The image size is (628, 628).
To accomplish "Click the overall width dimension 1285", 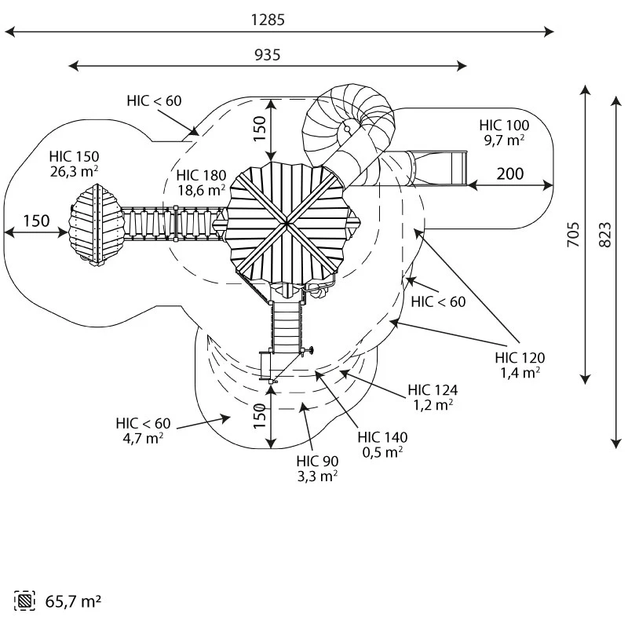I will [268, 20].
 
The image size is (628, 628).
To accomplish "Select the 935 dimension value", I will [268, 54].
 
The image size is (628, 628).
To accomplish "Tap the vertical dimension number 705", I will [572, 234].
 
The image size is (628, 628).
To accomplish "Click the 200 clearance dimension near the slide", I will [509, 173].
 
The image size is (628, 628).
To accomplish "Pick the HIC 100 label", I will [504, 125].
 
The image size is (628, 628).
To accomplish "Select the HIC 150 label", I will [74, 155].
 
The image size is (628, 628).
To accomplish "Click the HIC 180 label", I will [201, 175].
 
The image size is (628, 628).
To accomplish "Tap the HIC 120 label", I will [520, 358].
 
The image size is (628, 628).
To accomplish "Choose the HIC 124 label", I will [433, 389].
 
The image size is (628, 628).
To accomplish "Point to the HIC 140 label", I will [382, 437].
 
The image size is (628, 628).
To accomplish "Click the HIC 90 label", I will [317, 461].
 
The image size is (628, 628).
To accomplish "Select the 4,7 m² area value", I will [144, 438].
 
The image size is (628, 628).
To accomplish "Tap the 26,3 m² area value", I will [74, 170].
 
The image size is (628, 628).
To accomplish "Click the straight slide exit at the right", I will [440, 168].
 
